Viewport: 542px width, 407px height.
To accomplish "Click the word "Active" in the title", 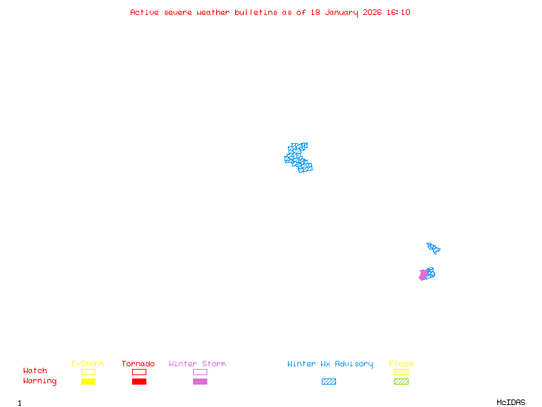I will tap(144, 12).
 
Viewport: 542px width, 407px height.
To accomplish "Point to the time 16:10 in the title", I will tap(399, 12).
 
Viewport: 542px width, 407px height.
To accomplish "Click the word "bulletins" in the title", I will tap(255, 12).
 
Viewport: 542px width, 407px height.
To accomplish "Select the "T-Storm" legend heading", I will tap(87, 364).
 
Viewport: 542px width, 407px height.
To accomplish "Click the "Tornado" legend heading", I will tap(138, 364).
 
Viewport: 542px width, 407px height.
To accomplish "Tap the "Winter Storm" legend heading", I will tap(197, 364).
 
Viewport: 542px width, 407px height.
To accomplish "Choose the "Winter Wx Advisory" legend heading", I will tap(330, 364).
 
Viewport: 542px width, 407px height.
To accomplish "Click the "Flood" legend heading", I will tap(401, 364).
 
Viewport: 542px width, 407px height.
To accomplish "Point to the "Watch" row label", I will tap(35, 371).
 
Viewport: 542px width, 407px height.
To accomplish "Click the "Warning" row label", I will tap(40, 381).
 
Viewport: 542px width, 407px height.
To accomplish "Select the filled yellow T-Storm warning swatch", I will tap(88, 381).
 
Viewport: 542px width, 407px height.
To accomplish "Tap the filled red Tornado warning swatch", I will tap(139, 381).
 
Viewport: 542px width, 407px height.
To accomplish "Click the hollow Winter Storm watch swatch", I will tap(200, 372).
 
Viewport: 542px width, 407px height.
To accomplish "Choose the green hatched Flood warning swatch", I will tap(401, 381).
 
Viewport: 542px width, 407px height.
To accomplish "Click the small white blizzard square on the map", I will tap(287, 153).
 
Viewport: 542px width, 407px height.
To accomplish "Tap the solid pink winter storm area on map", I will tap(423, 275).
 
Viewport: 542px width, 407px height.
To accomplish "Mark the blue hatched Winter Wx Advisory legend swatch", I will tap(329, 381).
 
